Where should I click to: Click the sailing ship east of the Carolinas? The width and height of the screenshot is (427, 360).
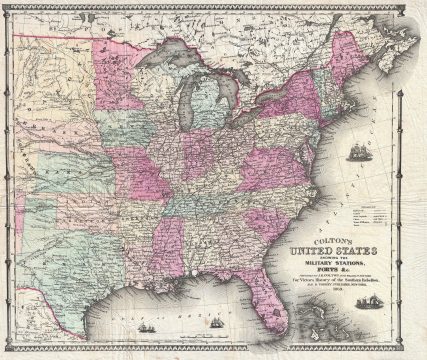[x=358, y=152]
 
